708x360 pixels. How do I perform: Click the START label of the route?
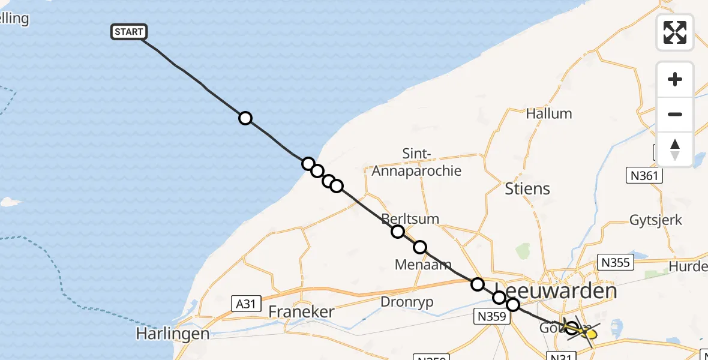[128, 32]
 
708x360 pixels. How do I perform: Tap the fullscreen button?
[675, 32]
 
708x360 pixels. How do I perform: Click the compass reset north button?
[675, 149]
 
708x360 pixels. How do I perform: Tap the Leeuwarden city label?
[558, 291]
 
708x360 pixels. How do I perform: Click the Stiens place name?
[527, 188]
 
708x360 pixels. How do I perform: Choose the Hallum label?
[548, 113]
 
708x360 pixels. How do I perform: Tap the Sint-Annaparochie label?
[416, 163]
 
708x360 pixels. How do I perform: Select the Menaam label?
[423, 264]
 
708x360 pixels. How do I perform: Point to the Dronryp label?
[407, 302]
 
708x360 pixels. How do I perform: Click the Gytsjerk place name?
[656, 220]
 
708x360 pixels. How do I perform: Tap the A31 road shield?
[245, 304]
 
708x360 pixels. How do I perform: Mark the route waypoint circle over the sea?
[245, 118]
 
